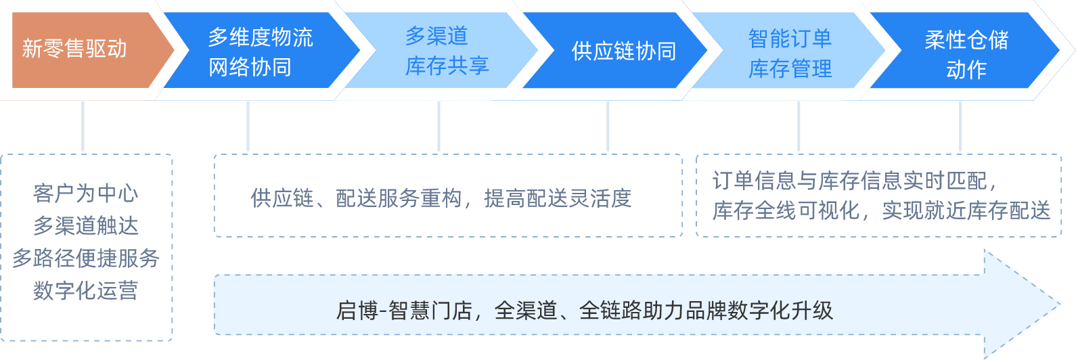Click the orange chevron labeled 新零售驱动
click(74, 49)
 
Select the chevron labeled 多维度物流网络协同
click(260, 51)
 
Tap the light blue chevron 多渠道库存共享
click(447, 51)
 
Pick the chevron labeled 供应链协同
click(623, 51)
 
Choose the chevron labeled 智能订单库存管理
click(790, 53)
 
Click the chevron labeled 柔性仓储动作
click(966, 54)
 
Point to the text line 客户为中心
click(86, 194)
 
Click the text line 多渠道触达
click(86, 226)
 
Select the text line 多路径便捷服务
click(86, 258)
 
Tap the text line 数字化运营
click(86, 291)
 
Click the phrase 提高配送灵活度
click(558, 198)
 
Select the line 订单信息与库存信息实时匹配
click(854, 181)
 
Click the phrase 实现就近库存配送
click(966, 210)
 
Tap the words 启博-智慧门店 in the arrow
click(403, 311)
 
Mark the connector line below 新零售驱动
click(83, 127)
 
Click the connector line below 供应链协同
click(608, 127)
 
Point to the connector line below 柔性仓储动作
click(960, 127)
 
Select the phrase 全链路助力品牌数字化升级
click(706, 311)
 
